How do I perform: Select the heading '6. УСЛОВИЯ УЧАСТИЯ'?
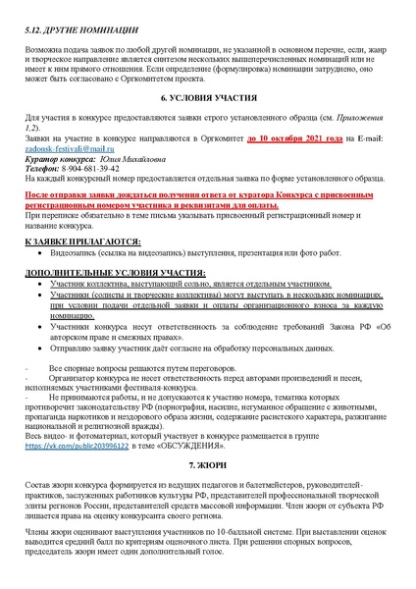pyautogui.click(x=208, y=98)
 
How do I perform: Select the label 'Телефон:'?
pyautogui.click(x=47, y=167)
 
